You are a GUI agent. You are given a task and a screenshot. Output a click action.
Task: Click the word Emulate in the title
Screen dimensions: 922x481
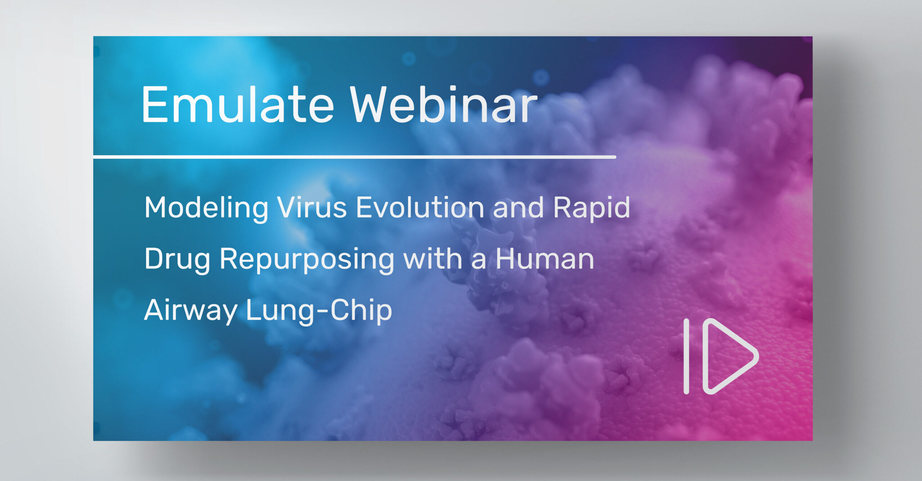(238, 104)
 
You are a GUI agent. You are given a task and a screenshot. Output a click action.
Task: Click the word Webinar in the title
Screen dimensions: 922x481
(444, 104)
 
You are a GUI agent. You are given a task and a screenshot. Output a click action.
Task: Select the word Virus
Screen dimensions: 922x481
(312, 207)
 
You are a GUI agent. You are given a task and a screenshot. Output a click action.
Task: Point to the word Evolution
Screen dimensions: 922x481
(420, 207)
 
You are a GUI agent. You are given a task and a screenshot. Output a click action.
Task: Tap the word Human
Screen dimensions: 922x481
(545, 259)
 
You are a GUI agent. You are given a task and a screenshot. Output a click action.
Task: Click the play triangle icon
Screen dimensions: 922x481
(730, 356)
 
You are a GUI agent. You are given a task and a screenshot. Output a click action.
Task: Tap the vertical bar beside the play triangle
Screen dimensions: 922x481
(686, 356)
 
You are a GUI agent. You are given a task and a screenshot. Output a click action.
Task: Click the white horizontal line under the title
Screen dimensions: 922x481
(354, 157)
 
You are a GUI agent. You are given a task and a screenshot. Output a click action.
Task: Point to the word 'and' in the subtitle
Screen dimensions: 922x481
(518, 207)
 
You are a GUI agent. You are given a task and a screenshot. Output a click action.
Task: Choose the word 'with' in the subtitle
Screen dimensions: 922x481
(433, 259)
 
